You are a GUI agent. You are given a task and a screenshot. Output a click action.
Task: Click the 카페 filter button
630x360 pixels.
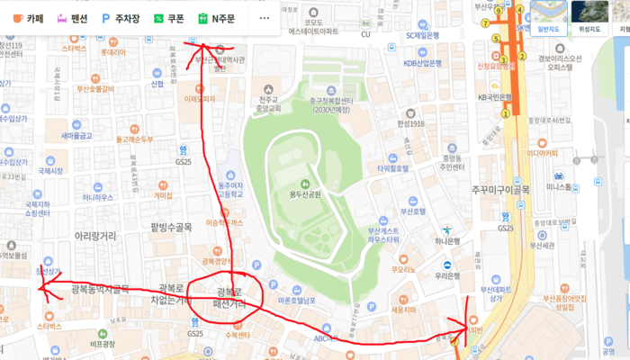click(28, 18)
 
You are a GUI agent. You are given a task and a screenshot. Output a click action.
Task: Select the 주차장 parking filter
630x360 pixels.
click(121, 18)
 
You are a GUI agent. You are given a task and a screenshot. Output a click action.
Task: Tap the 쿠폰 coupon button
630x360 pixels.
click(168, 18)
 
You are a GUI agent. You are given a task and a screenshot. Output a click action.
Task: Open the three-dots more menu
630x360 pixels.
click(264, 18)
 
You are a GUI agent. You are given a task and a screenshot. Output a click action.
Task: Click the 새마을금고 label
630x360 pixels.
click(77, 136)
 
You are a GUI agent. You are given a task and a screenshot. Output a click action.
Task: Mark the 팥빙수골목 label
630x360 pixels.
click(173, 227)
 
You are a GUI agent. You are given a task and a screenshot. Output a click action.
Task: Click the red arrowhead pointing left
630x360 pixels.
click(43, 288)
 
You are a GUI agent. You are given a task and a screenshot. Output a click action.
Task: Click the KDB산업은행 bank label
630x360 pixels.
click(422, 64)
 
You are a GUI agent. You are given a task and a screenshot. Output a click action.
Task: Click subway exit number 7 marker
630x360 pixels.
click(485, 23)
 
